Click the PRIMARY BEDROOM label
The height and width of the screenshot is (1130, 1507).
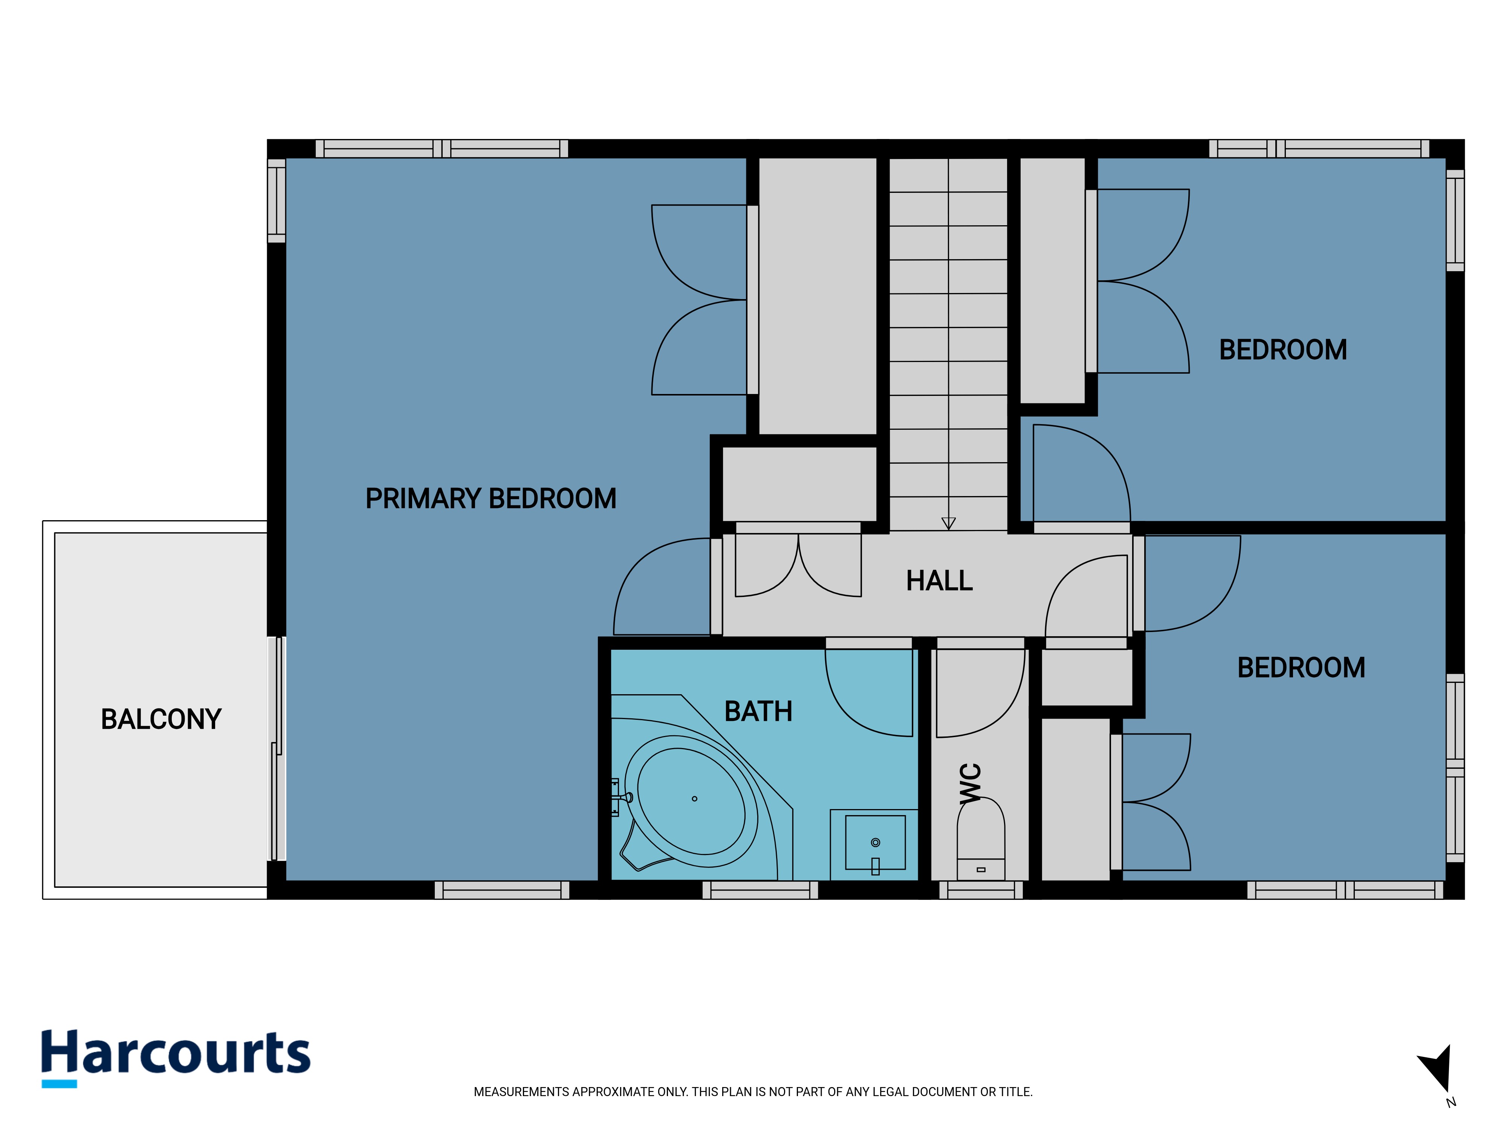tap(491, 499)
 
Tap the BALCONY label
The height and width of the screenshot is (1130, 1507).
tap(162, 719)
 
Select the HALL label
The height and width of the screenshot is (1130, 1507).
tap(940, 581)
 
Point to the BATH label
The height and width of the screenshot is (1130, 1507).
tap(758, 712)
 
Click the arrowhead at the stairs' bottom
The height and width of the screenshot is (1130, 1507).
tap(948, 523)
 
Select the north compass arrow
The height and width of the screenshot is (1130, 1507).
tap(1438, 1068)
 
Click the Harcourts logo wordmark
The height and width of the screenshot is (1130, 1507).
tap(176, 1052)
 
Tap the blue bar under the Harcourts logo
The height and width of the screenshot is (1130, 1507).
tap(59, 1084)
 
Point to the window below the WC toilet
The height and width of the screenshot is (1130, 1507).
tap(981, 890)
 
